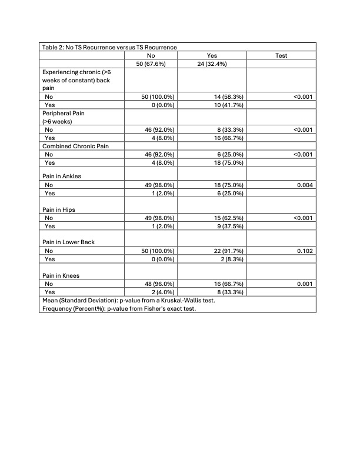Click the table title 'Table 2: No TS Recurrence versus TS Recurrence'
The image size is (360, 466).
click(x=109, y=47)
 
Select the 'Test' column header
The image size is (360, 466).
click(x=281, y=55)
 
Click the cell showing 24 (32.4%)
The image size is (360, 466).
click(x=216, y=64)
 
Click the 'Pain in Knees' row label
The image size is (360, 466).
click(x=63, y=274)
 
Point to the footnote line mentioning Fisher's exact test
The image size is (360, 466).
click(x=118, y=308)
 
